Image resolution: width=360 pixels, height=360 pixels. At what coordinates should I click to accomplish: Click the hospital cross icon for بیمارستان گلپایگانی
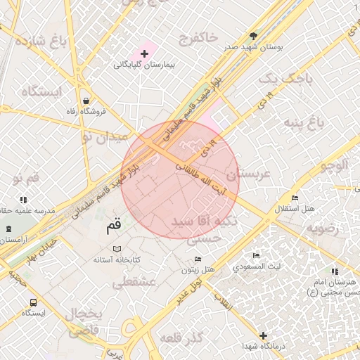tap(144, 53)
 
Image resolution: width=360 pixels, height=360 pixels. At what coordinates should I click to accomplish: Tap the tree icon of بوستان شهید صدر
tap(253, 36)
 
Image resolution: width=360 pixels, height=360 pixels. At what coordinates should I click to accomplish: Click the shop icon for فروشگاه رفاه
tap(86, 101)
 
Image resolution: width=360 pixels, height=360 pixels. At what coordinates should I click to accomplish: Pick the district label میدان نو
tap(104, 136)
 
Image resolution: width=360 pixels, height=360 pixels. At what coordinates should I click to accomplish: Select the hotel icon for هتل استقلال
tap(295, 198)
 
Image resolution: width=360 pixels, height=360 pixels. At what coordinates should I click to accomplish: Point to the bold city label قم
tap(114, 226)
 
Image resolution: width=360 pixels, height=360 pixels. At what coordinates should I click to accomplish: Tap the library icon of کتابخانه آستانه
tap(117, 249)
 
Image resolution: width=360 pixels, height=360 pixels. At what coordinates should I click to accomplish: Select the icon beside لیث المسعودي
tap(257, 256)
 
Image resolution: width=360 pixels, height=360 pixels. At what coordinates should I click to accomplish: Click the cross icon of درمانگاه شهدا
tap(263, 336)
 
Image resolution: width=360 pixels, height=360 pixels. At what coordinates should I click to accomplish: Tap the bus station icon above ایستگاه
tap(32, 302)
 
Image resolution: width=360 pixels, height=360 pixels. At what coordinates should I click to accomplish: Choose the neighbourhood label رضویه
tap(323, 229)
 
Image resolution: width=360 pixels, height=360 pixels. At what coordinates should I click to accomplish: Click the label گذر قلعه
tap(181, 339)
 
